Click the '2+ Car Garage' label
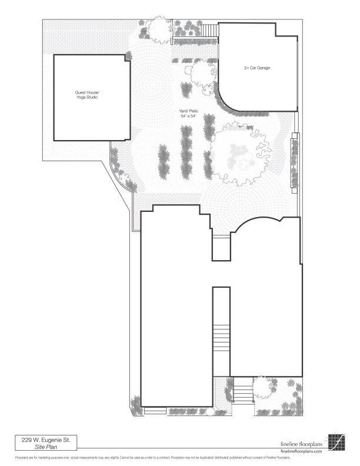(256, 68)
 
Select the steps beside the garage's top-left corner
(210, 31)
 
